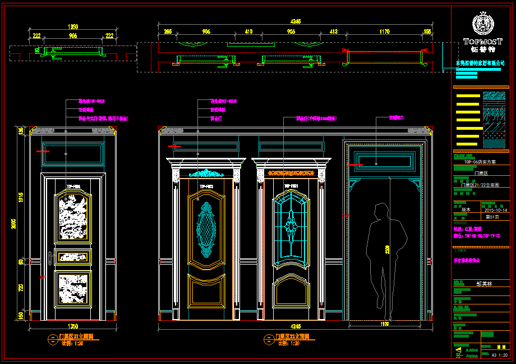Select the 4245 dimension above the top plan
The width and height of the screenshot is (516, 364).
(296, 21)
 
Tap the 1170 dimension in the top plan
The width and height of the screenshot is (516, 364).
(384, 32)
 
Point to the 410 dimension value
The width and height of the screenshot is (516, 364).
(249, 32)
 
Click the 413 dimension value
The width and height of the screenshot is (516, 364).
(333, 32)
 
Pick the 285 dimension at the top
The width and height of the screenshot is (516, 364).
(168, 32)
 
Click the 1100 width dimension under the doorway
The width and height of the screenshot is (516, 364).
(384, 324)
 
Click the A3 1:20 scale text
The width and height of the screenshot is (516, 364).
(500, 355)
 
